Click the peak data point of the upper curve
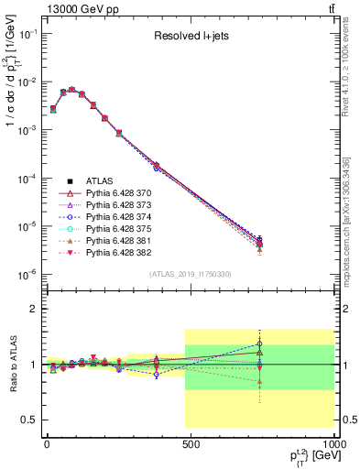tap(72, 90)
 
